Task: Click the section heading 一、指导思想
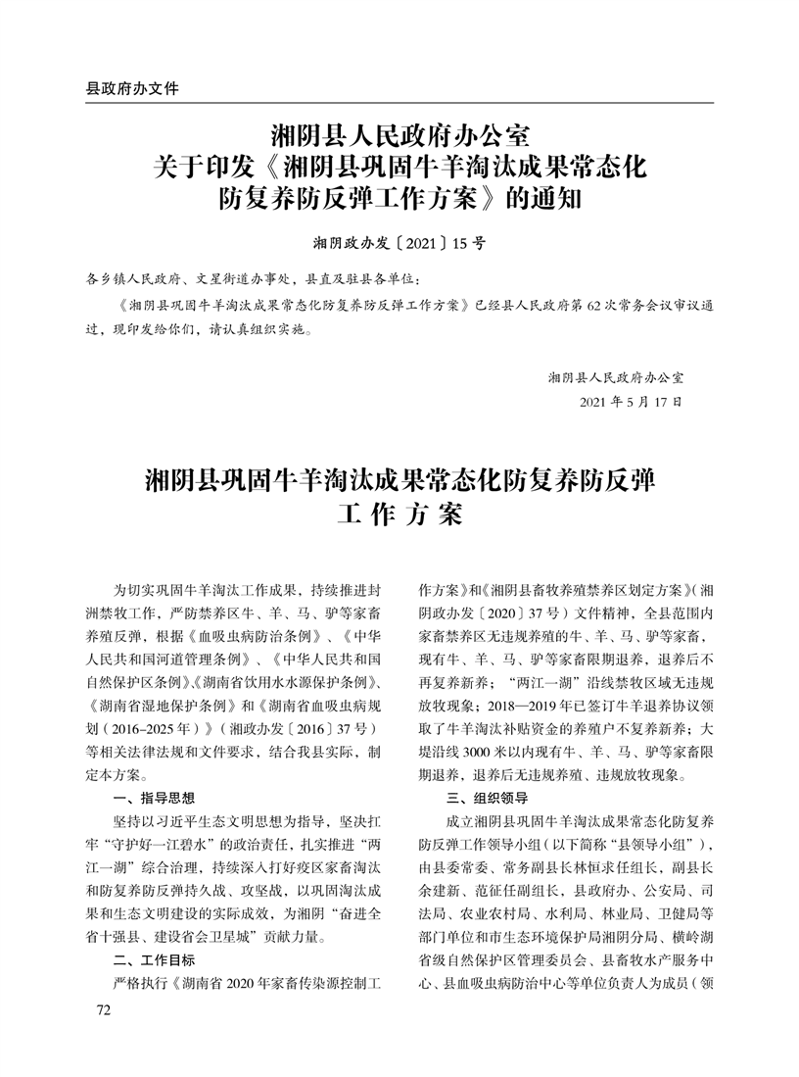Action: (x=155, y=797)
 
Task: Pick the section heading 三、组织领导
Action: (x=487, y=797)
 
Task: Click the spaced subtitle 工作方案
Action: (x=399, y=514)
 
